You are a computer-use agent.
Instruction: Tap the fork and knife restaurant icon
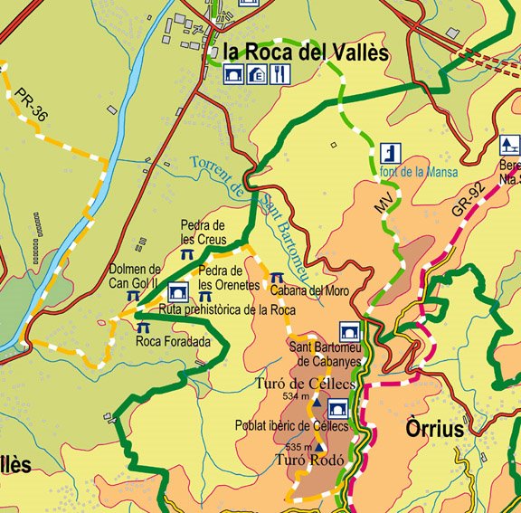click(x=280, y=75)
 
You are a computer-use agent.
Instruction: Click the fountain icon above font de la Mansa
click(x=389, y=152)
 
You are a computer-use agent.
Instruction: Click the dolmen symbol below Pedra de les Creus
click(x=186, y=255)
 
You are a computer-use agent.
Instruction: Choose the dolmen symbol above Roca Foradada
click(x=142, y=327)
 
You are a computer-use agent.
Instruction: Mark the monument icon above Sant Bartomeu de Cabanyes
click(x=349, y=331)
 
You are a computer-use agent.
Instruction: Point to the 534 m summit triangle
click(x=316, y=399)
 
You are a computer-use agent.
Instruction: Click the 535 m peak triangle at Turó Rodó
click(x=318, y=447)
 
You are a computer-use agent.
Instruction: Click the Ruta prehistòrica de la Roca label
click(x=227, y=309)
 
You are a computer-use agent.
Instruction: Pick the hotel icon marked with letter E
click(x=257, y=75)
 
